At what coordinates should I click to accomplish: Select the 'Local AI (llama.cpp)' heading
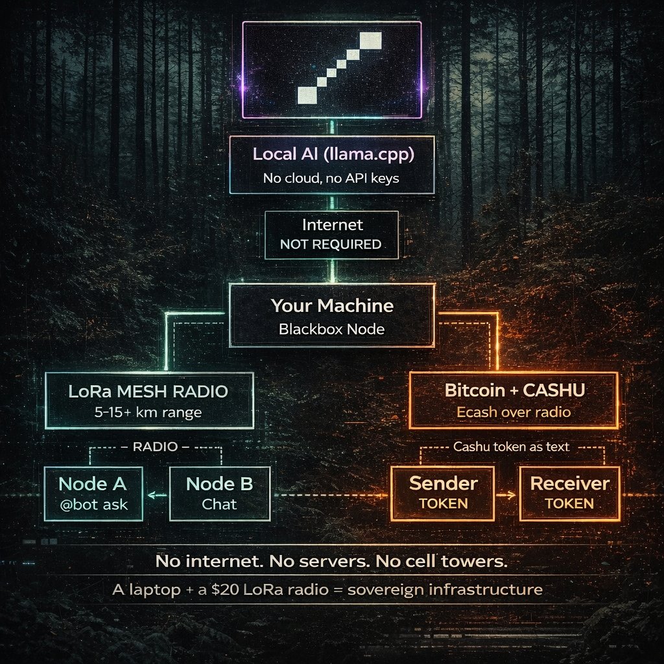point(331,155)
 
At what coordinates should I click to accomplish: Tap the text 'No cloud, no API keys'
point(331,178)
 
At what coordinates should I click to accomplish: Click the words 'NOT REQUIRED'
point(331,244)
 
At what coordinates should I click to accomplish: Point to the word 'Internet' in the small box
point(331,226)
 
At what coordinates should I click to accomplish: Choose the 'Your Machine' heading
point(331,305)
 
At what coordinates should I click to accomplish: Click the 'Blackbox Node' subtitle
point(331,329)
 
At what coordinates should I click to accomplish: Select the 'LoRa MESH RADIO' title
point(148,392)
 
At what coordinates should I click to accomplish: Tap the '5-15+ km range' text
point(148,412)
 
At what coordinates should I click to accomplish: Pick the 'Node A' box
point(93,493)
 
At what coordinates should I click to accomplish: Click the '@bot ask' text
point(93,504)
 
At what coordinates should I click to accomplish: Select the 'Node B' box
point(219,493)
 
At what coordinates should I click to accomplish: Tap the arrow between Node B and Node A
point(156,495)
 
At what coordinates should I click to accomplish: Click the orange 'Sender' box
point(444,493)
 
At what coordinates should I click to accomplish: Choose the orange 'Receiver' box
point(569,493)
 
